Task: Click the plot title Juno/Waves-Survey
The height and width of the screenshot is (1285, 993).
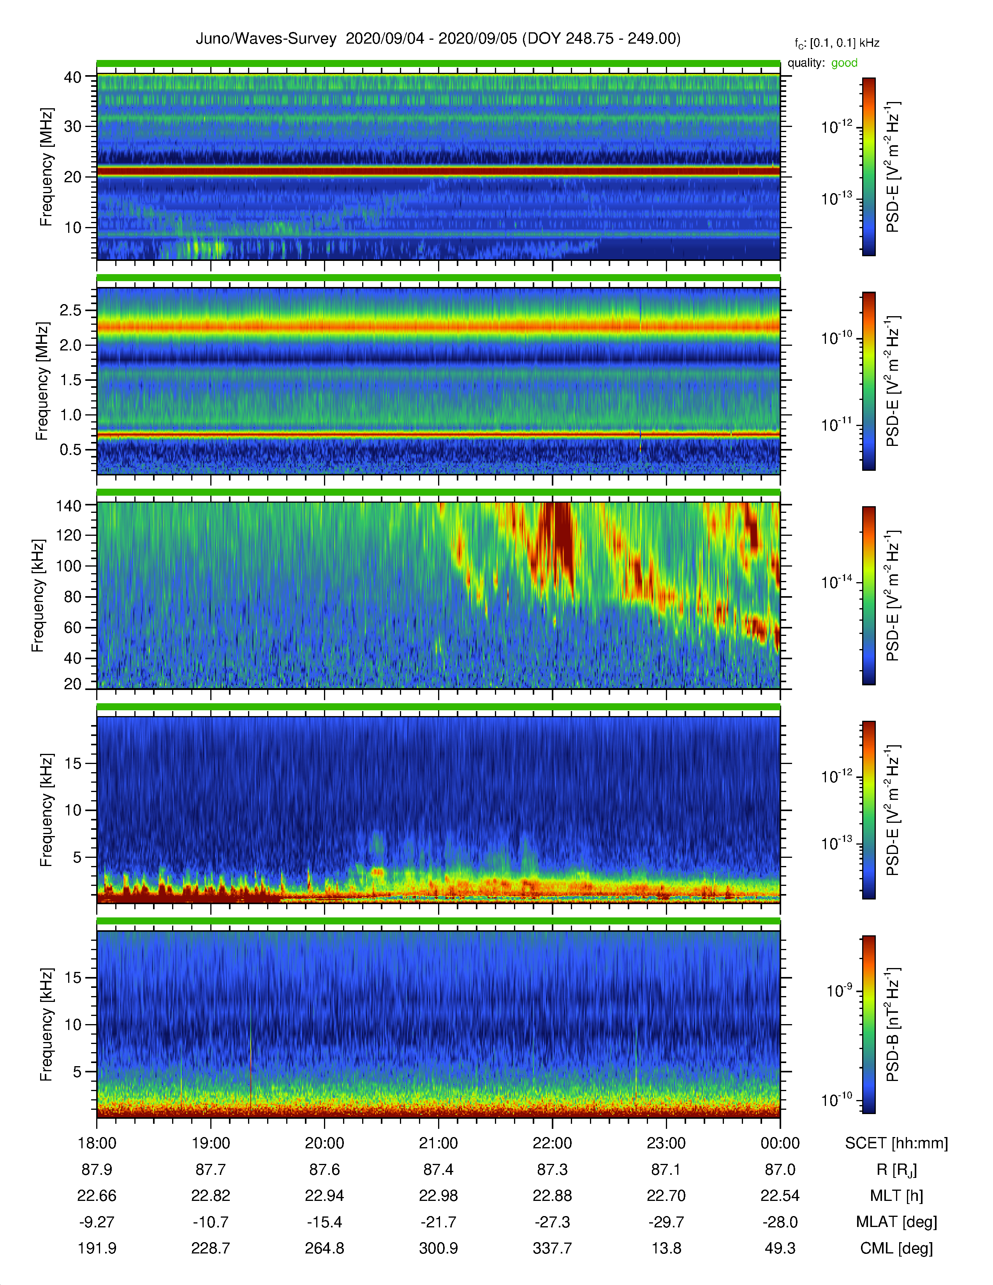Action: (x=266, y=39)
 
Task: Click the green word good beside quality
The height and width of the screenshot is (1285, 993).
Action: (x=844, y=63)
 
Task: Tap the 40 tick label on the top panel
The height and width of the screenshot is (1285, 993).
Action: (x=73, y=77)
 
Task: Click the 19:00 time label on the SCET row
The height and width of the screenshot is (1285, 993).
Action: (x=211, y=1143)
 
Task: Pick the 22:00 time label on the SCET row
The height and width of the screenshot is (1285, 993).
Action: (x=553, y=1143)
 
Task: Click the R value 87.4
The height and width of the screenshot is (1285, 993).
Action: (x=438, y=1170)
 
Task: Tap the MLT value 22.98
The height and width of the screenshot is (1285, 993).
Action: (x=438, y=1195)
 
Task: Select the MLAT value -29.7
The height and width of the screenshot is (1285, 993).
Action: (x=666, y=1222)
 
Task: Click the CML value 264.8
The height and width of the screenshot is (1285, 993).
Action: (x=324, y=1248)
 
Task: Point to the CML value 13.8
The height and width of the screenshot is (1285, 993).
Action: (x=666, y=1248)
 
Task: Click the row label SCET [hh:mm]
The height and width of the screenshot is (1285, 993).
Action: (x=896, y=1143)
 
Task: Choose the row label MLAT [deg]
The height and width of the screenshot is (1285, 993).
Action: (x=896, y=1222)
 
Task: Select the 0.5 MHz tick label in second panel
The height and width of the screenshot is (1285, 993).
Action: (x=70, y=450)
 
